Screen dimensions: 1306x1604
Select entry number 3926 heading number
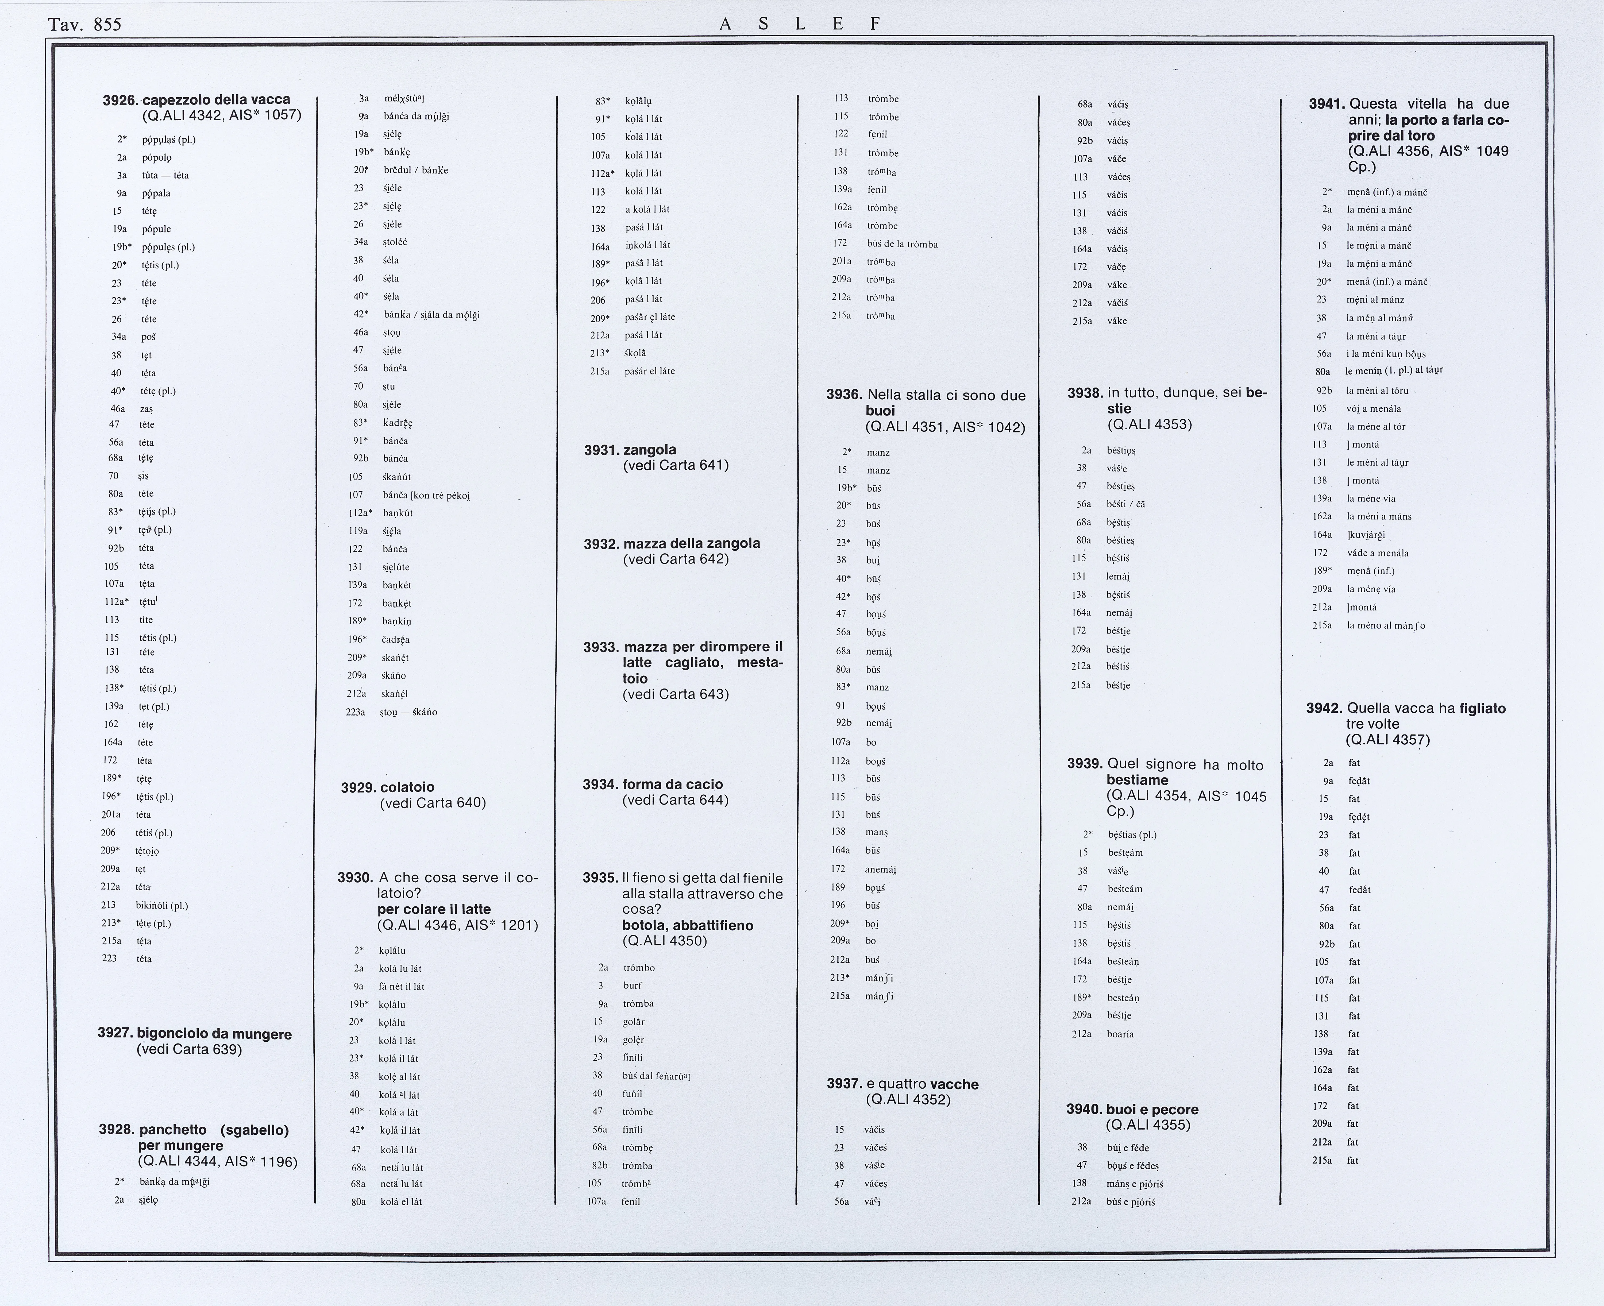[120, 100]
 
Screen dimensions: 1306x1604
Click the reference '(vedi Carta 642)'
[676, 559]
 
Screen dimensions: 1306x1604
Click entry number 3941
[1327, 104]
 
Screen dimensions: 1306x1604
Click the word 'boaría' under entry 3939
[1120, 1034]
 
